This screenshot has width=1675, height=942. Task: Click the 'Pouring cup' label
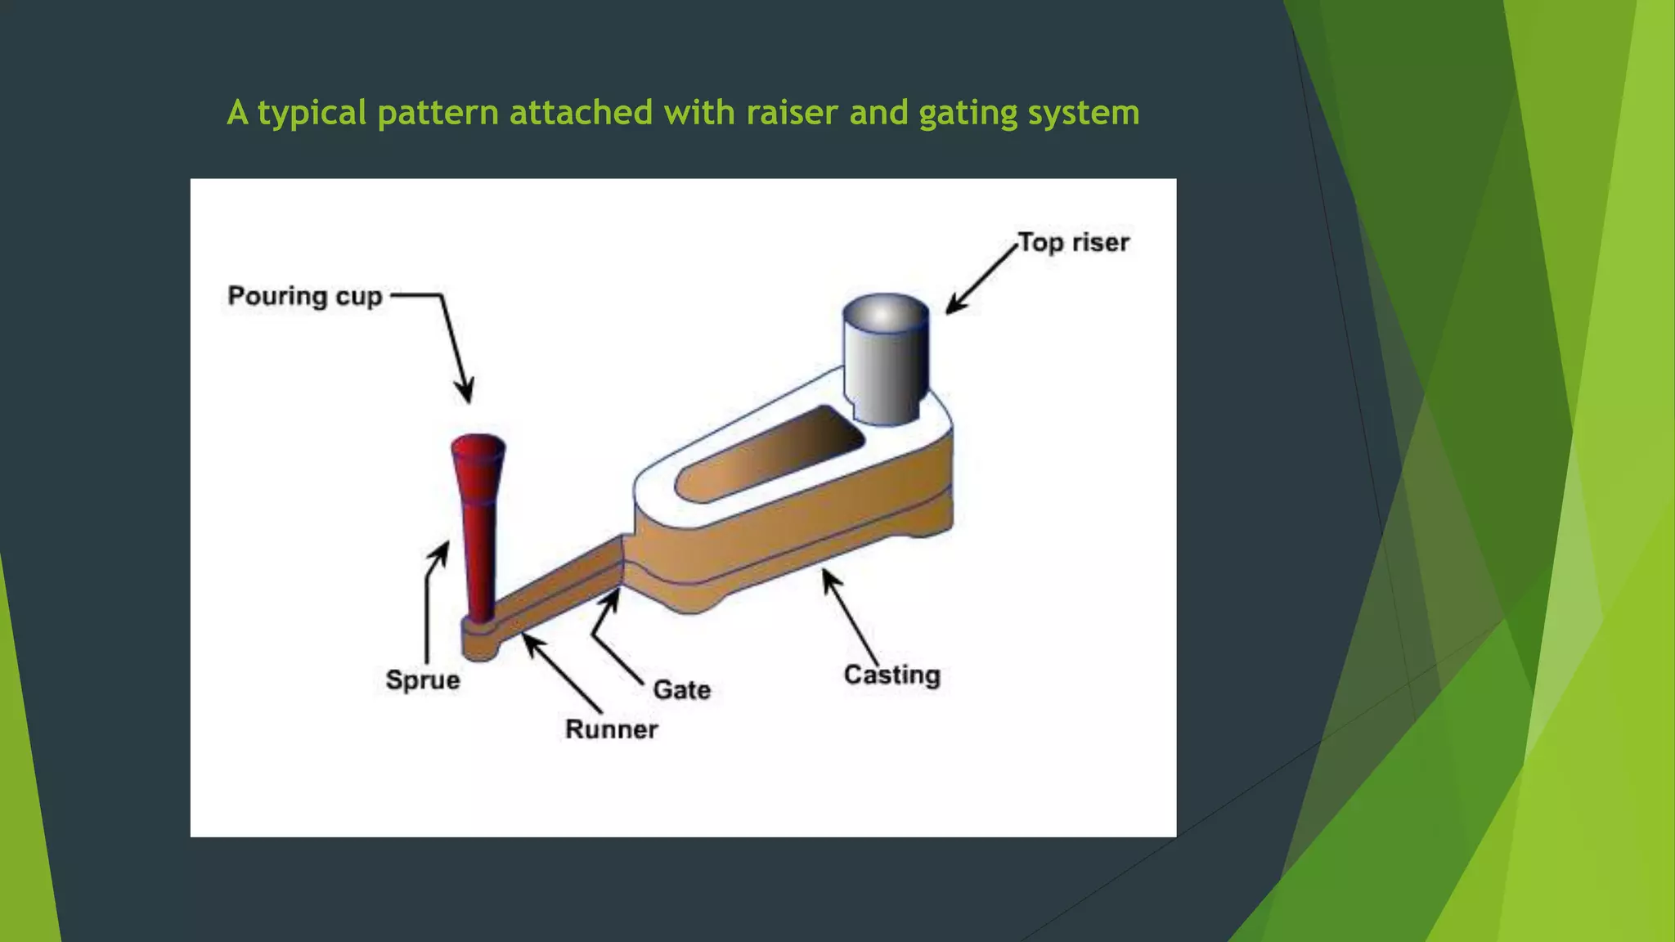[304, 296]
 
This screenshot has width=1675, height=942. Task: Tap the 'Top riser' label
[1073, 243]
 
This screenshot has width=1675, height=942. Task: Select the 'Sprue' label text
[422, 680]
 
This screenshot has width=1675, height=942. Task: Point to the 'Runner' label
[611, 729]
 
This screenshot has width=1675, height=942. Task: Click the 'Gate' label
[681, 690]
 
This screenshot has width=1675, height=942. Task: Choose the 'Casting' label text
[891, 675]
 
